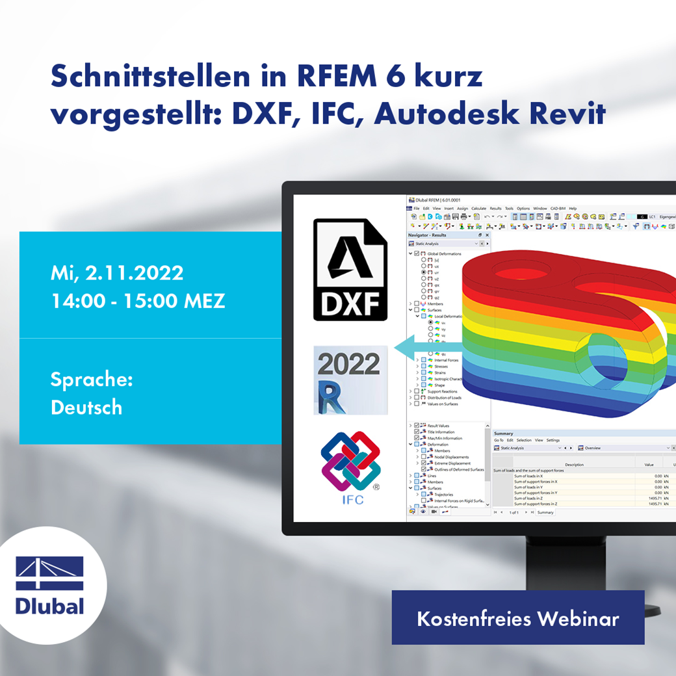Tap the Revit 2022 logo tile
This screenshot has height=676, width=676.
click(x=350, y=380)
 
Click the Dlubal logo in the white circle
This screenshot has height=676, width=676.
click(x=50, y=585)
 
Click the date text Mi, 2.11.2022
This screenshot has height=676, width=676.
click(x=117, y=273)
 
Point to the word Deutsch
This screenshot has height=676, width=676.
click(x=86, y=408)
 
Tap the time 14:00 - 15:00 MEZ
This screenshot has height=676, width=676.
click(x=138, y=301)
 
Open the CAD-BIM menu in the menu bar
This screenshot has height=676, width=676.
click(x=558, y=209)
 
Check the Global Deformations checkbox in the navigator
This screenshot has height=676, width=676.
click(x=417, y=253)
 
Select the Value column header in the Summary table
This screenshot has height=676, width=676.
click(x=648, y=465)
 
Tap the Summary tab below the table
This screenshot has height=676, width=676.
click(x=545, y=512)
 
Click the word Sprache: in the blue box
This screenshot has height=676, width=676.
click(x=92, y=380)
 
